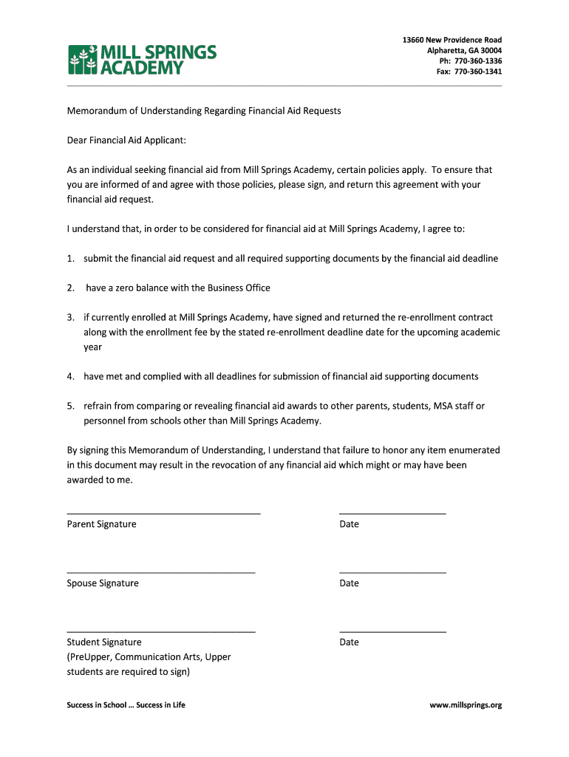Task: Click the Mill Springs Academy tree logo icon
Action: pyautogui.click(x=83, y=60)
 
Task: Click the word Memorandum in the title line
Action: pyautogui.click(x=97, y=111)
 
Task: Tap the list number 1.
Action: pyautogui.click(x=70, y=259)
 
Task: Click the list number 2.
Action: pyautogui.click(x=70, y=288)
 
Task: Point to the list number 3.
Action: pyautogui.click(x=70, y=317)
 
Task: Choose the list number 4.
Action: pyautogui.click(x=70, y=376)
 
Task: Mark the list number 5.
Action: pyautogui.click(x=70, y=406)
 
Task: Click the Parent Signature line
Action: pyautogui.click(x=163, y=513)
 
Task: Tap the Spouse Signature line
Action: pyautogui.click(x=161, y=572)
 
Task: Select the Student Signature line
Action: pyautogui.click(x=161, y=631)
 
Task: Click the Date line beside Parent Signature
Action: pyautogui.click(x=392, y=513)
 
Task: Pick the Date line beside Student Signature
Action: pyautogui.click(x=392, y=631)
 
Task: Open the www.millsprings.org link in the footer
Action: pyautogui.click(x=466, y=705)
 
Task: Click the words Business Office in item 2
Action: pyautogui.click(x=239, y=288)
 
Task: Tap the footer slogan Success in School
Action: pyautogui.click(x=94, y=705)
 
